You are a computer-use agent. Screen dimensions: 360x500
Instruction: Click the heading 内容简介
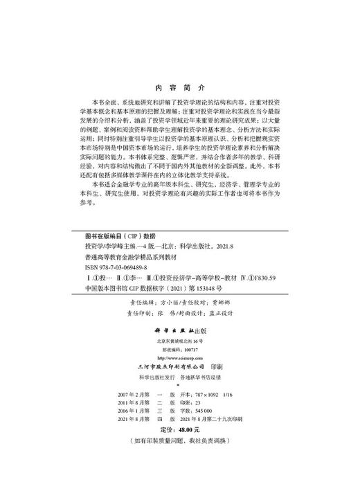pyautogui.click(x=179, y=89)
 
